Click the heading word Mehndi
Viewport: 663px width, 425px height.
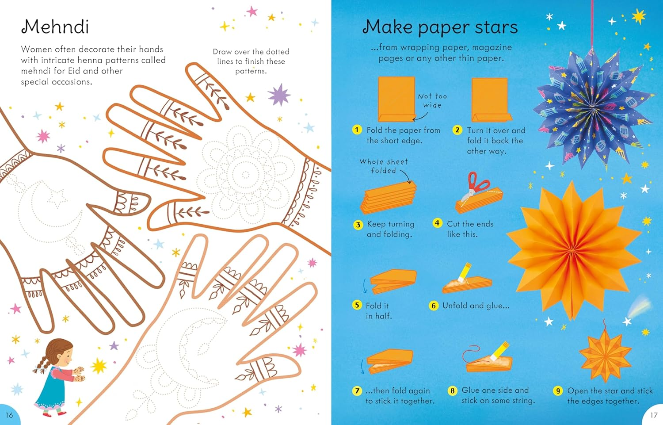[55, 27]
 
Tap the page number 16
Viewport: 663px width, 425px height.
[9, 415]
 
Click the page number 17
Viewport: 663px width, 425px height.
[654, 415]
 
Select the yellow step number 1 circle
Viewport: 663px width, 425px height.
[357, 130]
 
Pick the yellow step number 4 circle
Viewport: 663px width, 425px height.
[437, 223]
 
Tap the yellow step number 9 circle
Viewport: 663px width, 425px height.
[558, 391]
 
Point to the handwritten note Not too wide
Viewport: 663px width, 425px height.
[432, 100]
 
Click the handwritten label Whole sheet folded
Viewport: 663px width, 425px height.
[384, 166]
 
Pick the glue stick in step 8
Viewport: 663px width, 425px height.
[499, 349]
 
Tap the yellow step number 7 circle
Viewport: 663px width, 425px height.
[357, 391]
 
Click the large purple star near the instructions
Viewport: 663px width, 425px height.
[279, 95]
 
